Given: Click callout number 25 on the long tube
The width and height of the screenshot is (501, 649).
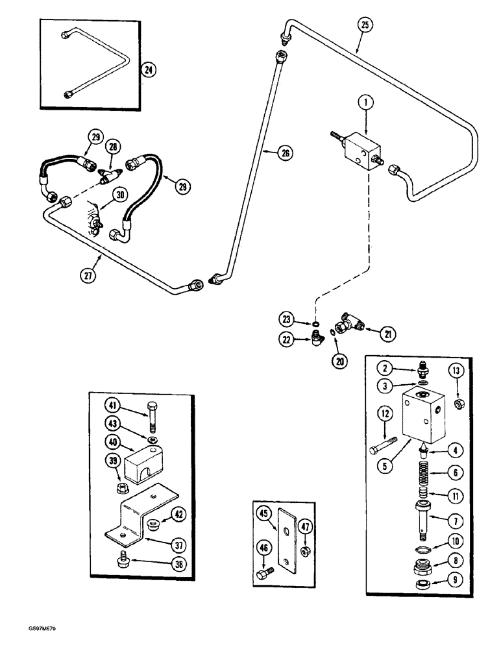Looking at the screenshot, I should tap(366, 26).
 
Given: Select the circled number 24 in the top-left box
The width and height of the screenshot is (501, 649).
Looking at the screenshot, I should tap(149, 69).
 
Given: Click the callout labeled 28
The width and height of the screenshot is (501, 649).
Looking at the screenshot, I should tap(114, 147).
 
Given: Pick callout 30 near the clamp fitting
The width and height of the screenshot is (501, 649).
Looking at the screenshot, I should tap(119, 193).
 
